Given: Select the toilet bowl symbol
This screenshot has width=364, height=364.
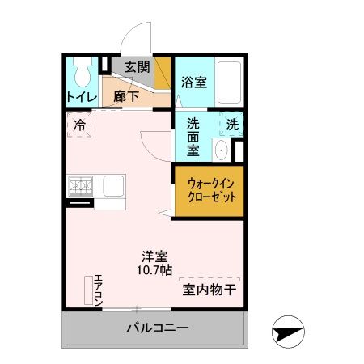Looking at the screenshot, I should [x=81, y=74].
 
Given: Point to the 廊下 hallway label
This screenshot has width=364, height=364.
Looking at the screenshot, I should [x=125, y=94].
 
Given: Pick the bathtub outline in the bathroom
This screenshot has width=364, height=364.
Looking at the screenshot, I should [x=230, y=82].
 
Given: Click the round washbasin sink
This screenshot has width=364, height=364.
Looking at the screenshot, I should [x=222, y=150].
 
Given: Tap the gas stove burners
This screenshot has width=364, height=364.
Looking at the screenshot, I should [x=80, y=186].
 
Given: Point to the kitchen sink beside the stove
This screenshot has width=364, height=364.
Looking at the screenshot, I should [x=112, y=185].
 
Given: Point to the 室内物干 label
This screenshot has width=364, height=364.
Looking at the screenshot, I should [x=209, y=289].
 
